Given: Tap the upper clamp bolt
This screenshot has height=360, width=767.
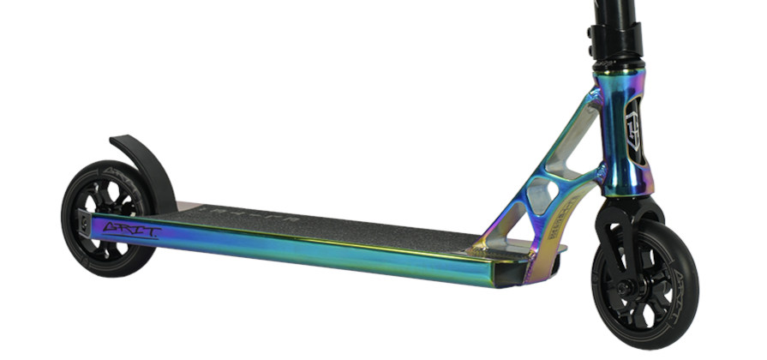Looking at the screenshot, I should (591, 32).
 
